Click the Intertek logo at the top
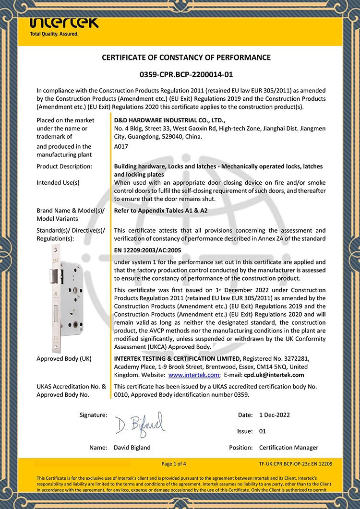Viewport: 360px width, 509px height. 64,22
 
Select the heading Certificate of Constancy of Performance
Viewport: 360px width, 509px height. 186,58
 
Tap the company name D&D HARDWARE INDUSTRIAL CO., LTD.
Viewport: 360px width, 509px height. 169,120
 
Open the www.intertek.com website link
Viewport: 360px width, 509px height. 193,375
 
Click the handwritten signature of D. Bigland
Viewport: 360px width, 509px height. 139,423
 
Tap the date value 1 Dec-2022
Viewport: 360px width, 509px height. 274,415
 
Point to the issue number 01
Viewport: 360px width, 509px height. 263,431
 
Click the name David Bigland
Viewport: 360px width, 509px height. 132,448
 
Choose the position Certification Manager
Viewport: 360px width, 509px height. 288,448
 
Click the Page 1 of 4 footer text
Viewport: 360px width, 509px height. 174,464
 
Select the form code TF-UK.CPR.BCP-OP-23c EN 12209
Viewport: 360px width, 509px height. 296,464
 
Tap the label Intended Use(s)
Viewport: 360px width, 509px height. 58,183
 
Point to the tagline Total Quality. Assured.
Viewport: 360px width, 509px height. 54,35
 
